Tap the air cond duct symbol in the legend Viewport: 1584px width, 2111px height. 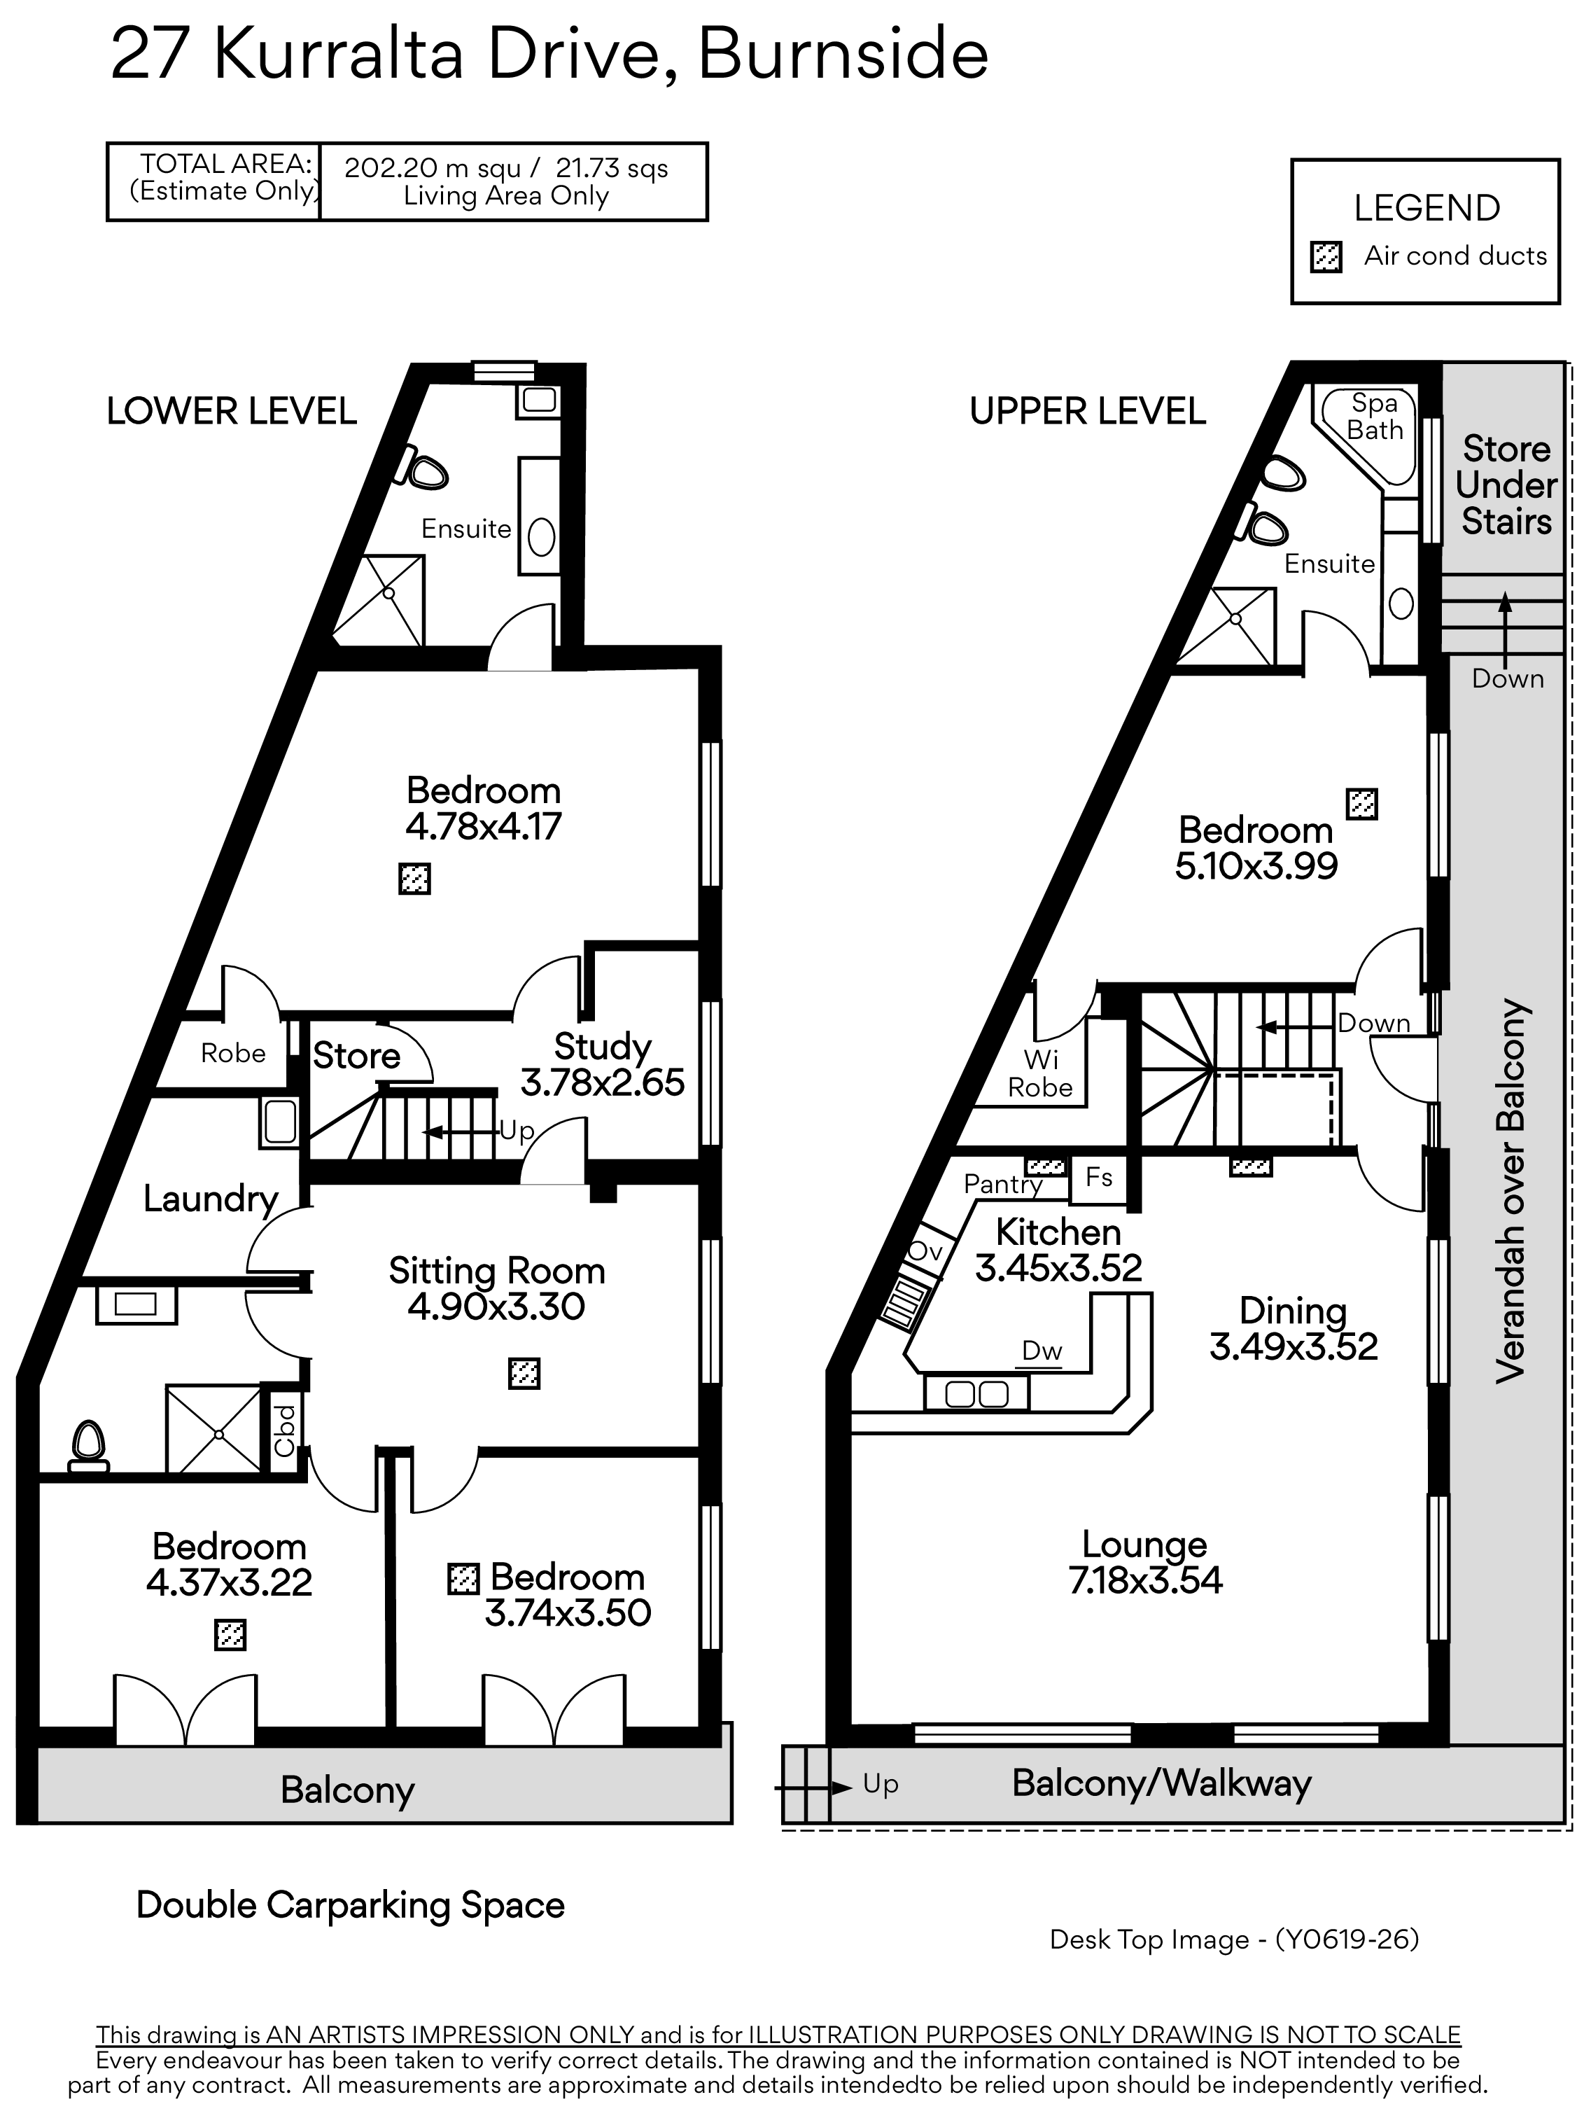[x=1326, y=257]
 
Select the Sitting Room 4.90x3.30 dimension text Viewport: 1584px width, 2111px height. [x=496, y=1307]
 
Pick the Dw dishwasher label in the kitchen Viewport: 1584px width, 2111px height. [x=1042, y=1351]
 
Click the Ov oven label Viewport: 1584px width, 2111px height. [x=925, y=1251]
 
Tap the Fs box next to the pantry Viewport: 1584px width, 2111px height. [x=1098, y=1177]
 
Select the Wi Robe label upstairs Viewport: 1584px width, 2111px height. [x=1040, y=1073]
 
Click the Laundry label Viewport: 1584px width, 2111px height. [x=211, y=1199]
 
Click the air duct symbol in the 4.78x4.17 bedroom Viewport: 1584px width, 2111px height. [x=414, y=878]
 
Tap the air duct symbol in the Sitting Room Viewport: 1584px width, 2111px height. [x=524, y=1373]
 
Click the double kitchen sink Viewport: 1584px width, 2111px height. [x=976, y=1394]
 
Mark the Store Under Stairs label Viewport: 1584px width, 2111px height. [x=1507, y=485]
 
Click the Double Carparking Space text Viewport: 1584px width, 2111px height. [x=350, y=1905]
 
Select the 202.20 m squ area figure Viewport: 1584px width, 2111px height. [x=433, y=169]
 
